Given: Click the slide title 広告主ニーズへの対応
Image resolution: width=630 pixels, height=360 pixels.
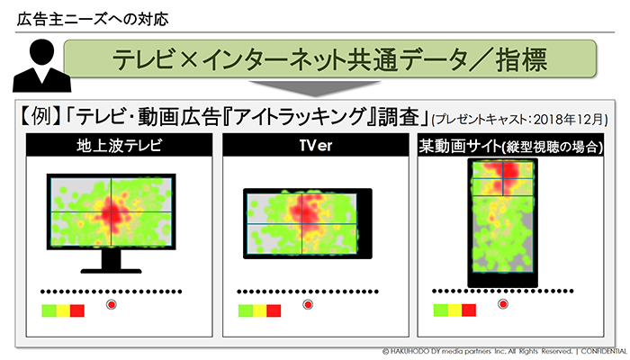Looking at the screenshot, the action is (x=93, y=19).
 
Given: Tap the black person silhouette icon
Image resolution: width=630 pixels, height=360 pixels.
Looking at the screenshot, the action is (x=41, y=66).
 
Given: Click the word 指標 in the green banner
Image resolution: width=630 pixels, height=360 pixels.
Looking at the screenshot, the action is (x=521, y=60).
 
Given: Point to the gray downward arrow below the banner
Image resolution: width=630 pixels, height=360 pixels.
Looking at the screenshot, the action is (x=315, y=88).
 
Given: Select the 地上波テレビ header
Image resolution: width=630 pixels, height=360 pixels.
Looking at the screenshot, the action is (x=120, y=146).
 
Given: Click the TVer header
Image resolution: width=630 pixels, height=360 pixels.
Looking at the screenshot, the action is (x=316, y=146).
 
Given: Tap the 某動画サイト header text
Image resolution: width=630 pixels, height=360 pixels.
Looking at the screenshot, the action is (x=460, y=146).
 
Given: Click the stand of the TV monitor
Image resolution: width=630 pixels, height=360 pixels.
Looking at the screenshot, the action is (x=112, y=263).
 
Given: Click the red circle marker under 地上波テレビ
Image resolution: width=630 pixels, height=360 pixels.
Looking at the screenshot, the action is (x=112, y=304).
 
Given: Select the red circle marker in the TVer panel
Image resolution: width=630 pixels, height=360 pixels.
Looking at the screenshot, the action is (x=308, y=304).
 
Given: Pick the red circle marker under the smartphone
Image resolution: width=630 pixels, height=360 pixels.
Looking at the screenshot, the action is (x=502, y=304).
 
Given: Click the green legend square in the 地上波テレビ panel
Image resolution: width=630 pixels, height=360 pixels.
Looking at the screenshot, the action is (x=49, y=310).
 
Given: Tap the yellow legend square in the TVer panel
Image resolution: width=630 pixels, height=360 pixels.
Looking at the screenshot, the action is (x=259, y=310).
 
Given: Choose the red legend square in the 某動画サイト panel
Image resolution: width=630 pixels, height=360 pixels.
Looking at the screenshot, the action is (x=469, y=310).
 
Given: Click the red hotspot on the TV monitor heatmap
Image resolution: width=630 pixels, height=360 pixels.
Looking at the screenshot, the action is (x=112, y=214).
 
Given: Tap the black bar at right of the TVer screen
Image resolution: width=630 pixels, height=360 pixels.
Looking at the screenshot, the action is (x=364, y=223).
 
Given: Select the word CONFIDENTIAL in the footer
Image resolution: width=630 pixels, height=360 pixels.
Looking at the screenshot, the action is (x=605, y=352).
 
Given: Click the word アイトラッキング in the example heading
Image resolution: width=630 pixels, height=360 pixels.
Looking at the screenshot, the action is (x=300, y=117).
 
